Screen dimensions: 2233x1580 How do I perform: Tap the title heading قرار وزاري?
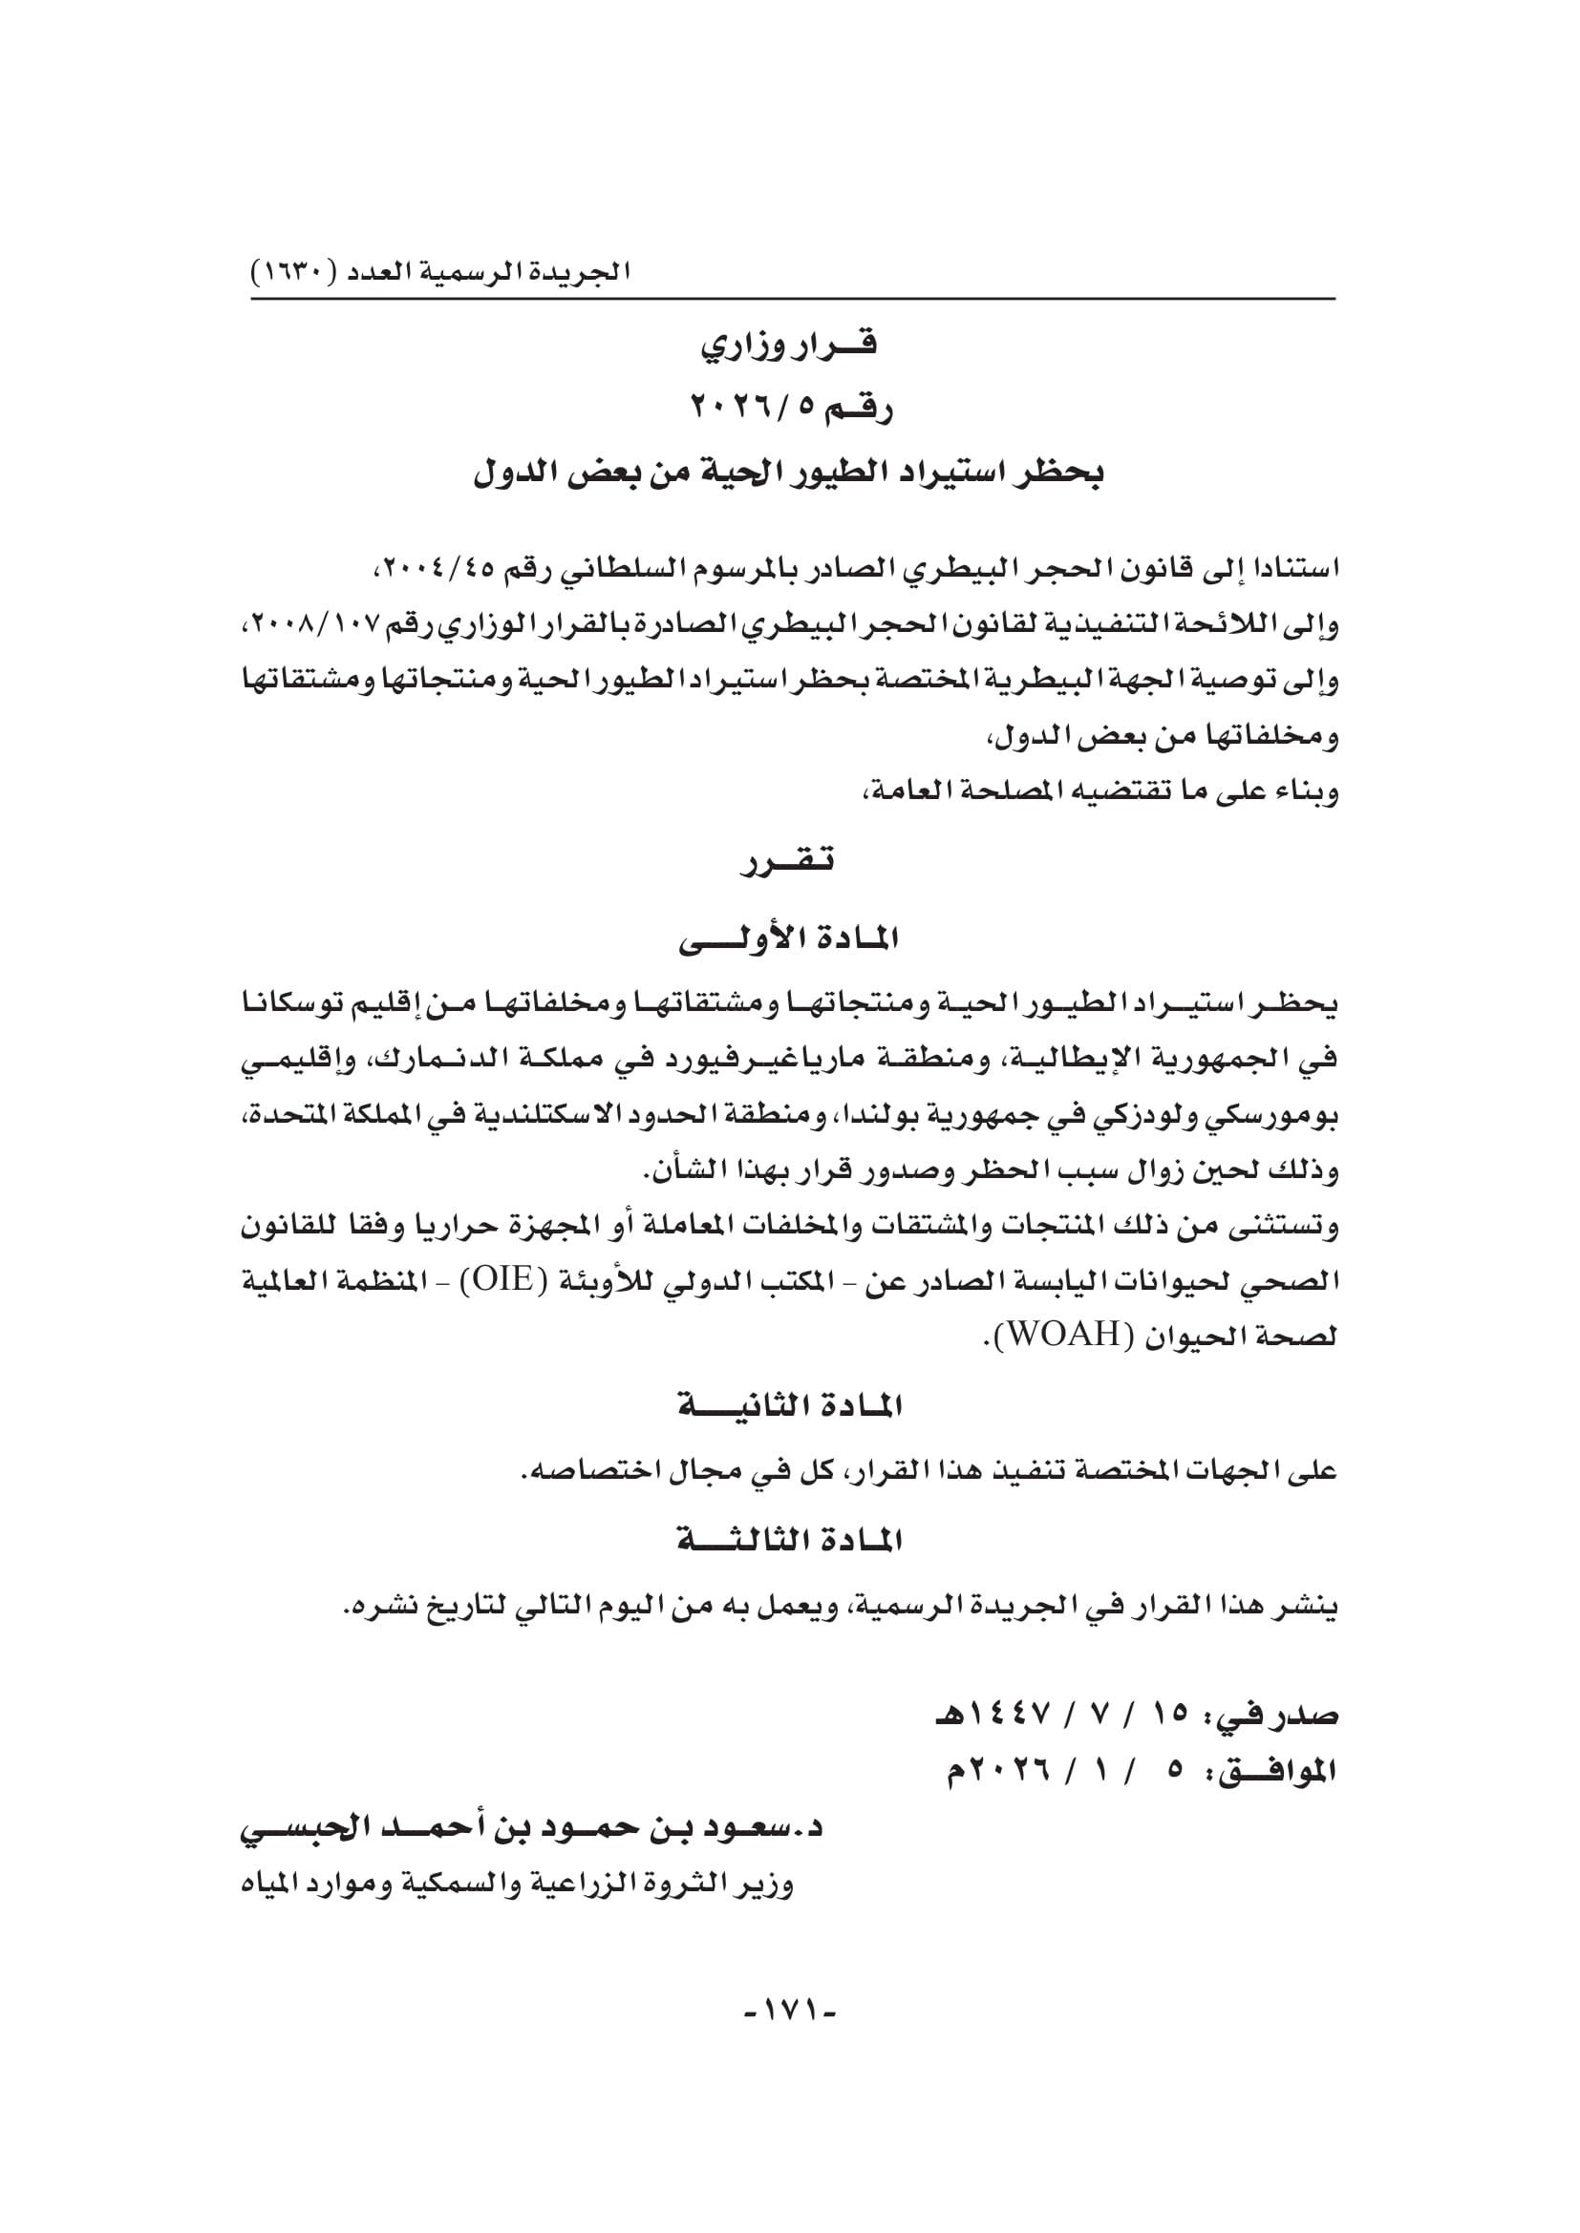pyautogui.click(x=789, y=346)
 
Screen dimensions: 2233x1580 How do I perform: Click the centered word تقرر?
pyautogui.click(x=789, y=861)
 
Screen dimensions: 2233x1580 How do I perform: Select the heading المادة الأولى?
pyautogui.click(x=789, y=939)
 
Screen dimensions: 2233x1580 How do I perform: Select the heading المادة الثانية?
pyautogui.click(x=789, y=1406)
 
